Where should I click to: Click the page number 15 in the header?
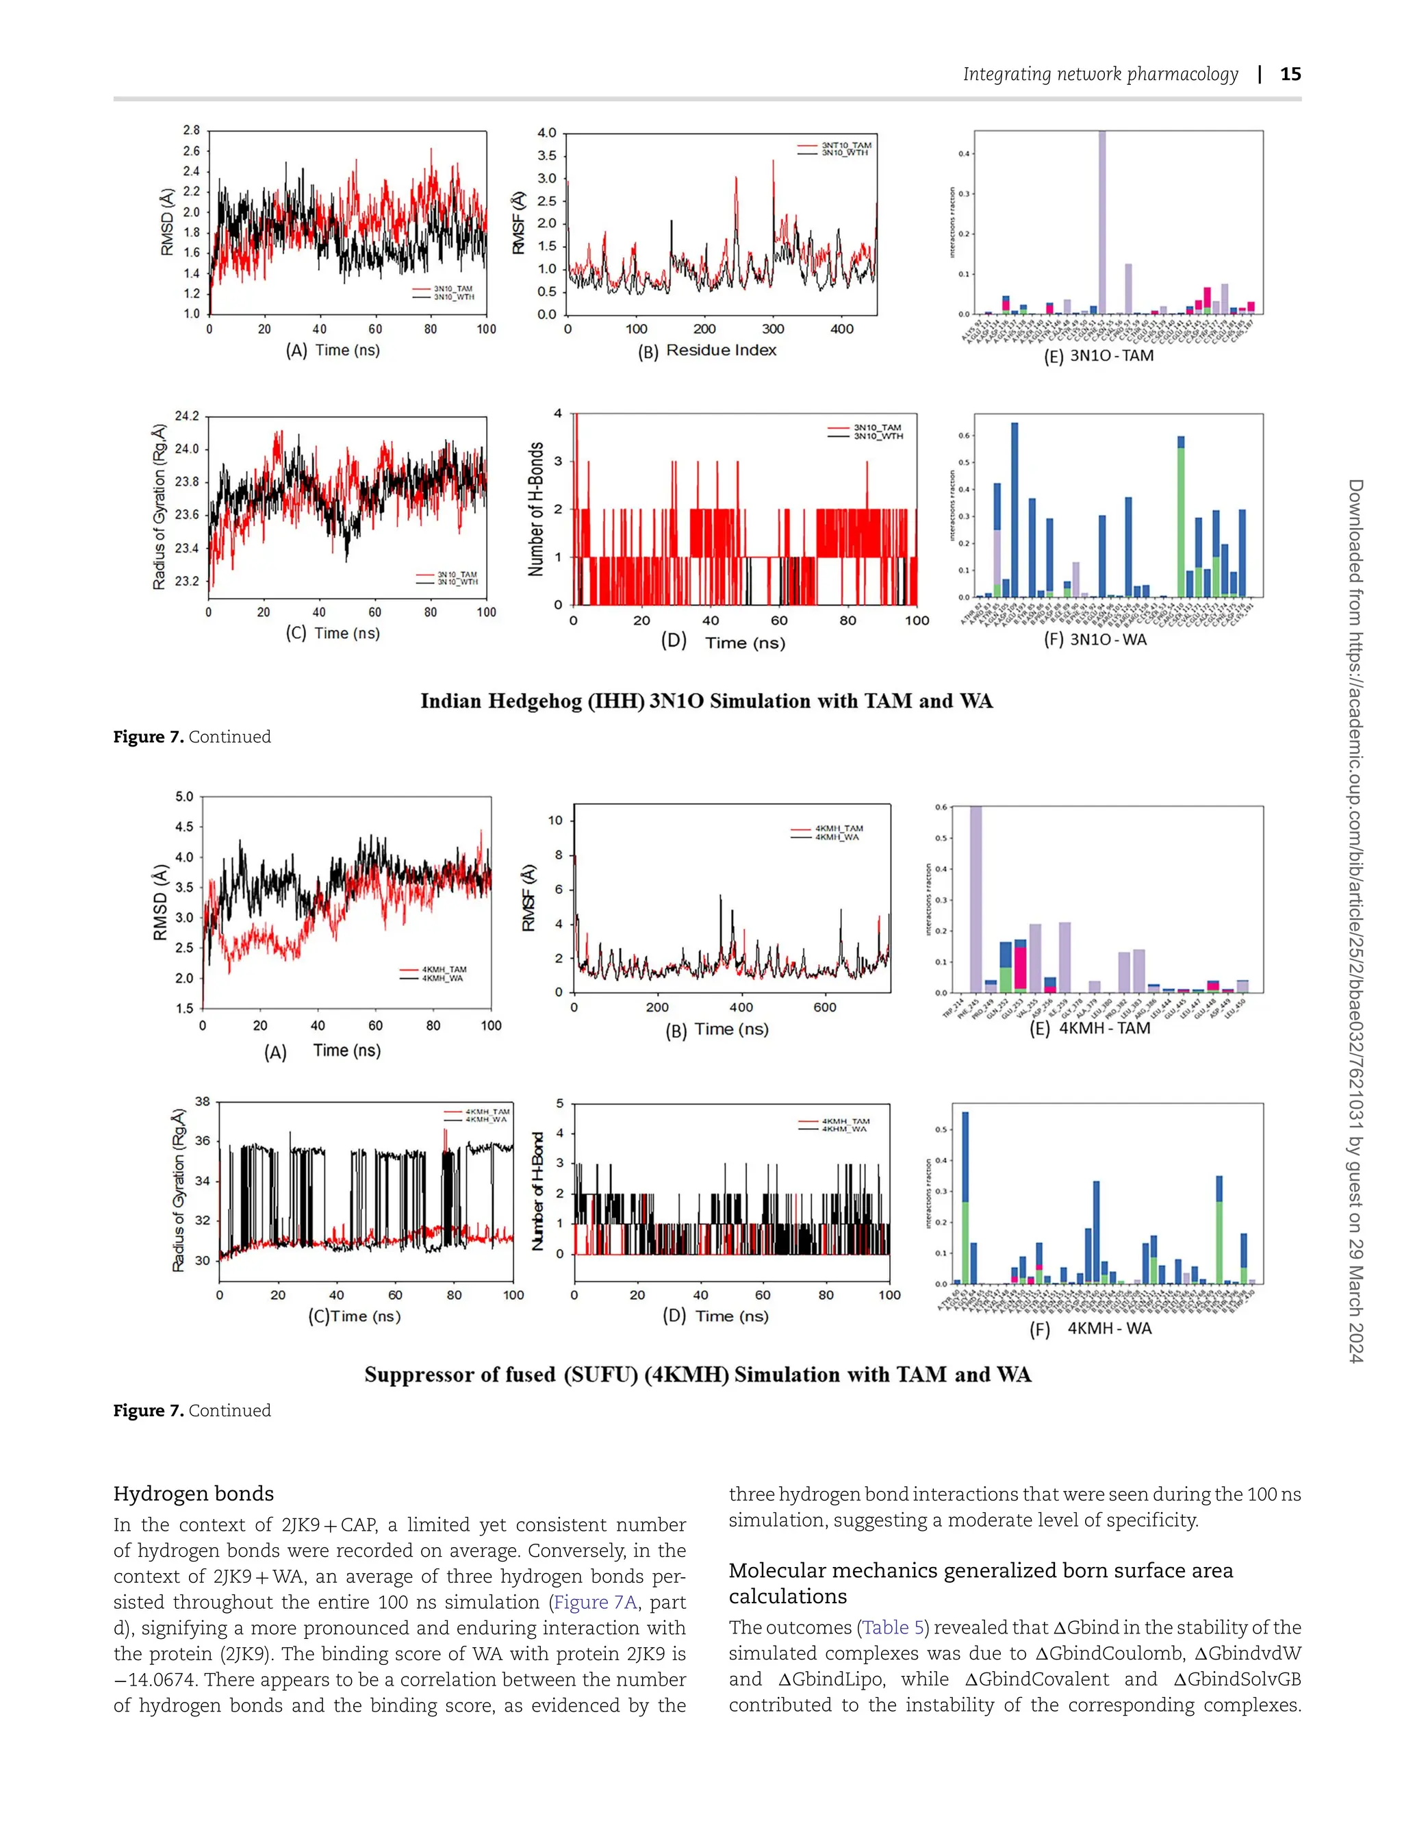point(1290,73)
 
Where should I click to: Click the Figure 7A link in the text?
point(595,1602)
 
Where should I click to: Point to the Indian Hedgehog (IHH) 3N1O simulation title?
point(706,701)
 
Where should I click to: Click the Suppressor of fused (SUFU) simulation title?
point(698,1375)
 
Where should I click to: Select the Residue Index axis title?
point(720,351)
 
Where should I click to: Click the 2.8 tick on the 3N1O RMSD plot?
point(191,130)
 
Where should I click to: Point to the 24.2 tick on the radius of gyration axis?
point(188,416)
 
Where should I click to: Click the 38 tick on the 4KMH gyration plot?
point(203,1102)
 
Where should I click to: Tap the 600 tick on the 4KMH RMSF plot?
point(824,1007)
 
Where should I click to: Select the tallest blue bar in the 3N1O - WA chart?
point(1015,509)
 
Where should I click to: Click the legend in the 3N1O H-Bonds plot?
point(865,431)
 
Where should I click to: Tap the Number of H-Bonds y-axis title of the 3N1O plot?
point(536,509)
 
